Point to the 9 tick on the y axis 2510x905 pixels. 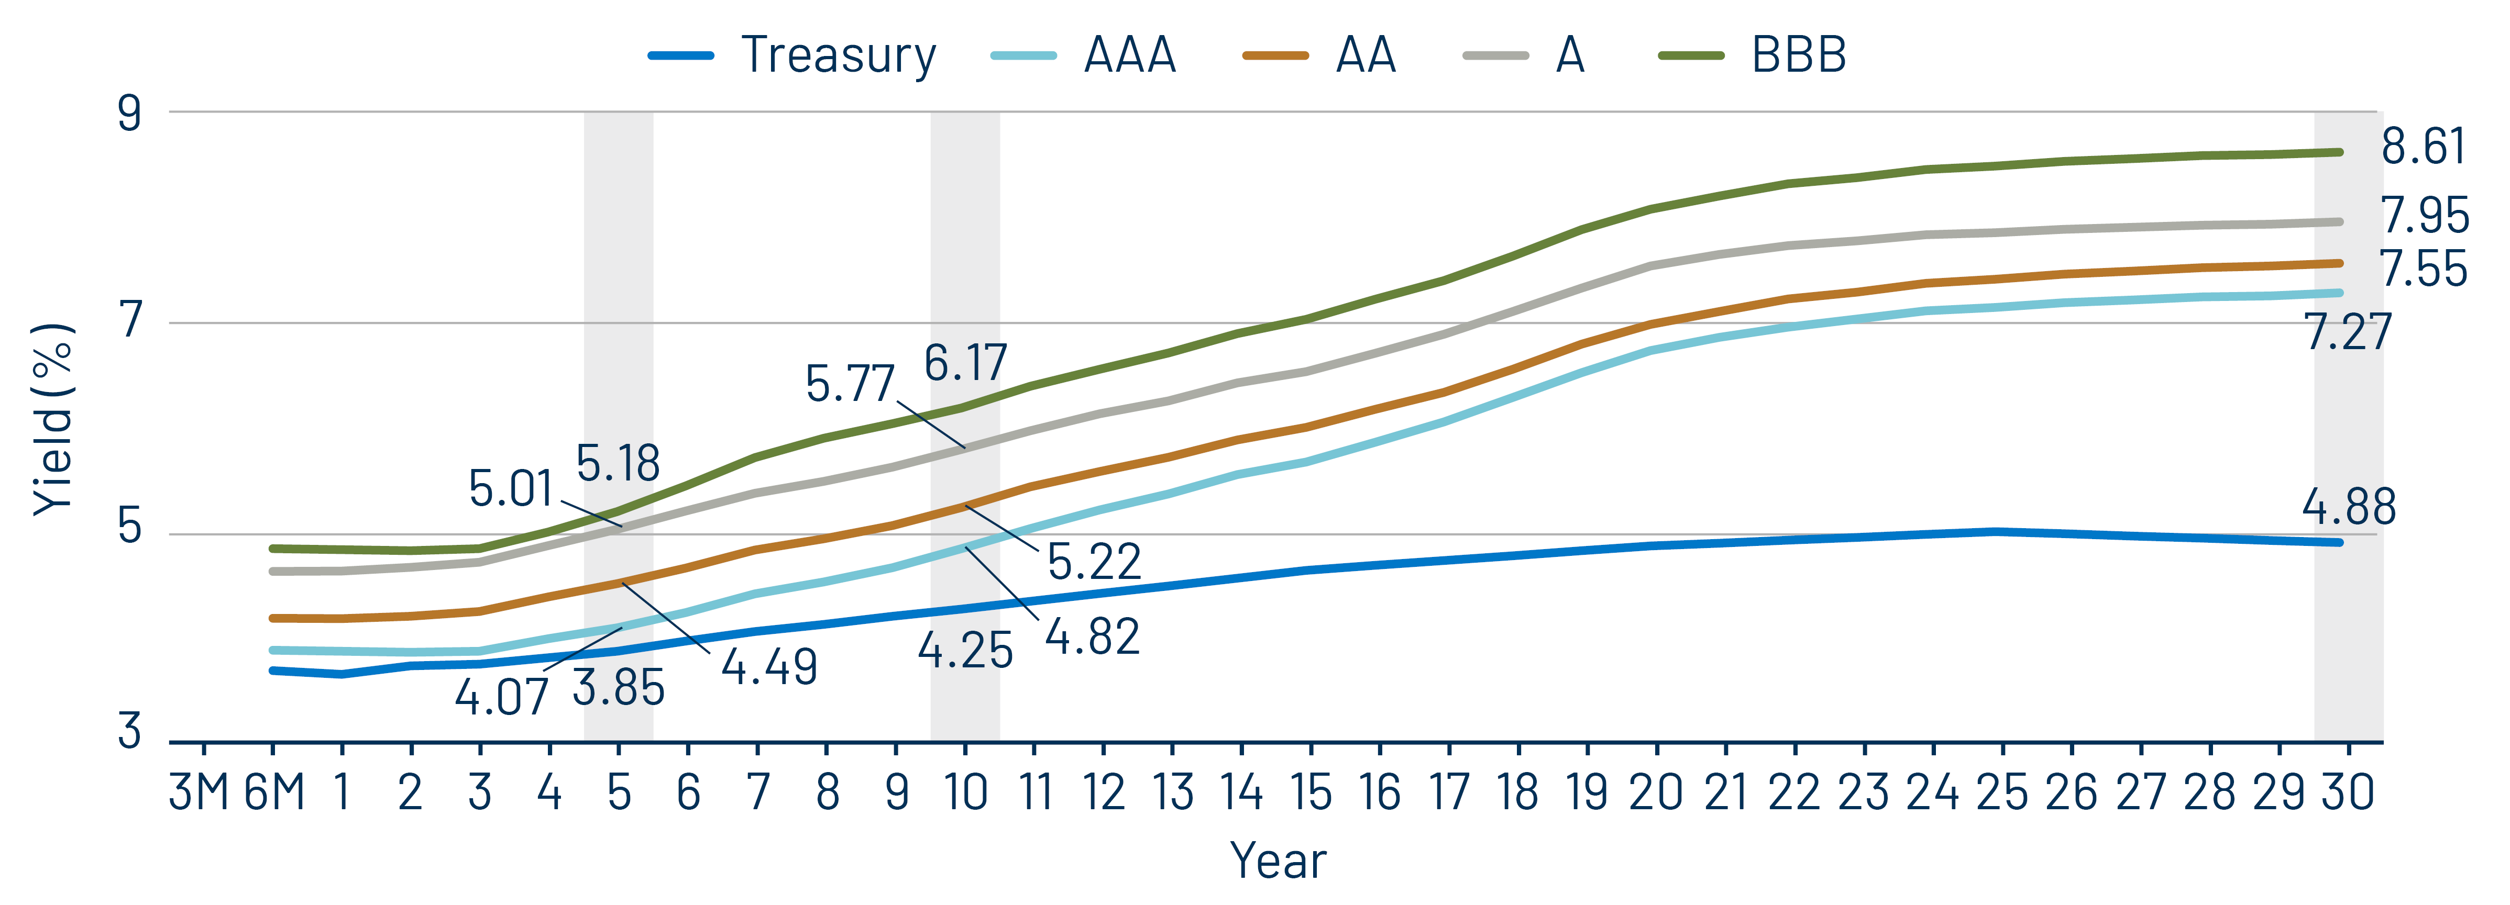pyautogui.click(x=129, y=113)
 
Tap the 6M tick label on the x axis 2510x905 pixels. pyautogui.click(x=274, y=792)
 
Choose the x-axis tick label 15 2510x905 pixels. pyautogui.click(x=1311, y=792)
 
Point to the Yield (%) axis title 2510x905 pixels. pyautogui.click(x=53, y=419)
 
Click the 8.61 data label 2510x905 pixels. pyautogui.click(x=2423, y=147)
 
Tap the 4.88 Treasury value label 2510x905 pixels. pyautogui.click(x=2348, y=507)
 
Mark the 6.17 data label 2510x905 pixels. pyautogui.click(x=965, y=363)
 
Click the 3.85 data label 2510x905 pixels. pyautogui.click(x=618, y=688)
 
